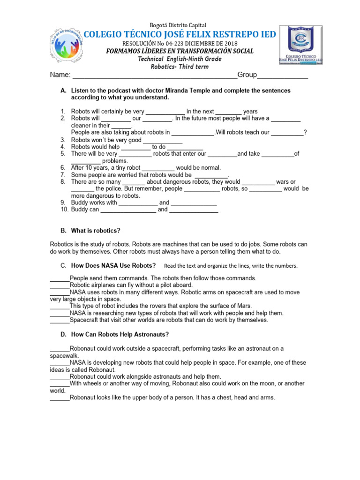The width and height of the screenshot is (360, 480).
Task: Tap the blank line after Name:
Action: point(155,75)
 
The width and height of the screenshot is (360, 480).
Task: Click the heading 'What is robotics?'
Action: point(96,231)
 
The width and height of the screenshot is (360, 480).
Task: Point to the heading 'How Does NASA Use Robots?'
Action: point(113,266)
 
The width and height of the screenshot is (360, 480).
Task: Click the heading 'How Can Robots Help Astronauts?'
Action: point(120,334)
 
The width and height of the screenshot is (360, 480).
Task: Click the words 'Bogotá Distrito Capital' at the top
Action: point(178,25)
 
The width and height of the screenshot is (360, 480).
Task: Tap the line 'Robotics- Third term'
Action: point(180,67)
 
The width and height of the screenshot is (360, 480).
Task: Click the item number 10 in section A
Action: point(65,210)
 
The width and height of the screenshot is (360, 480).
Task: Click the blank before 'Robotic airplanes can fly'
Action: point(60,285)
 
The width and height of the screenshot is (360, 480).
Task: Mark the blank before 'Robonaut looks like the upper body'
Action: point(60,397)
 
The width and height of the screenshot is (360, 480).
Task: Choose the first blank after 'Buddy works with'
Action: point(138,203)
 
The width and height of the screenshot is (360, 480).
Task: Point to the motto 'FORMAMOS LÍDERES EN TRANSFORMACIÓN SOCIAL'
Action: point(180,51)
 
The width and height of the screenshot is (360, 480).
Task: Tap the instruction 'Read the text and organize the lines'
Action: point(231,266)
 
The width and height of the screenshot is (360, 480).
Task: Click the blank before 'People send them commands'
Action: point(60,278)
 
